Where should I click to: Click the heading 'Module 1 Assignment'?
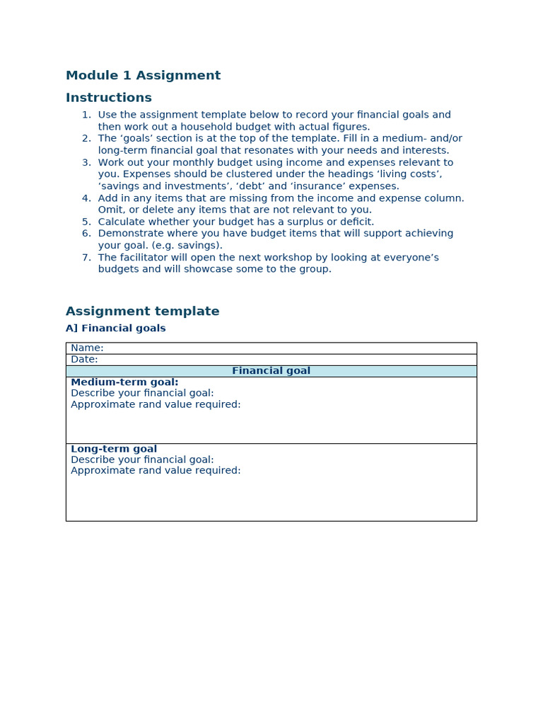coord(143,76)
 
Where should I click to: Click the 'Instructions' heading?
coord(108,98)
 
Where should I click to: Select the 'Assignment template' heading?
coord(142,312)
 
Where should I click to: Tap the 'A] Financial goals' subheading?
coord(115,329)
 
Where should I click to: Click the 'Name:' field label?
coord(87,348)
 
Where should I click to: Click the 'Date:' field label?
coord(84,360)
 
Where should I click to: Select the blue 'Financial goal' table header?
coord(271,371)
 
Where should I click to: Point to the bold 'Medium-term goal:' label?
coord(124,382)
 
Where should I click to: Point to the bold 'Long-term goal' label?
coord(114,449)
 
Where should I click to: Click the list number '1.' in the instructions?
coord(86,115)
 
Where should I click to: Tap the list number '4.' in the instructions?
coord(86,198)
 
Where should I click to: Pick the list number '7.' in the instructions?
coord(86,258)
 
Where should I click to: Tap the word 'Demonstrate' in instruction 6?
coord(129,234)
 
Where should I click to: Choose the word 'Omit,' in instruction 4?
coord(112,210)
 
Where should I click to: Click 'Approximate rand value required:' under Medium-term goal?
coord(156,405)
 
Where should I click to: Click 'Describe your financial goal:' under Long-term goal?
coord(142,459)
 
